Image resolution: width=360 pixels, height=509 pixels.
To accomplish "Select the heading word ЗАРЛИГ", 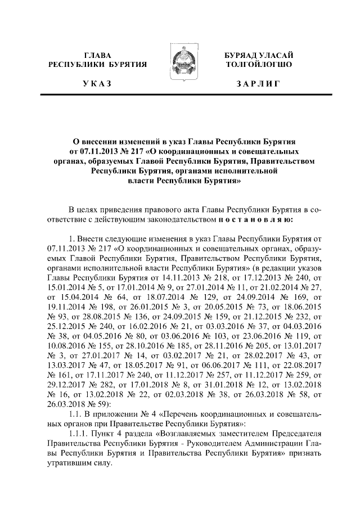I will click(x=258, y=83).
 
